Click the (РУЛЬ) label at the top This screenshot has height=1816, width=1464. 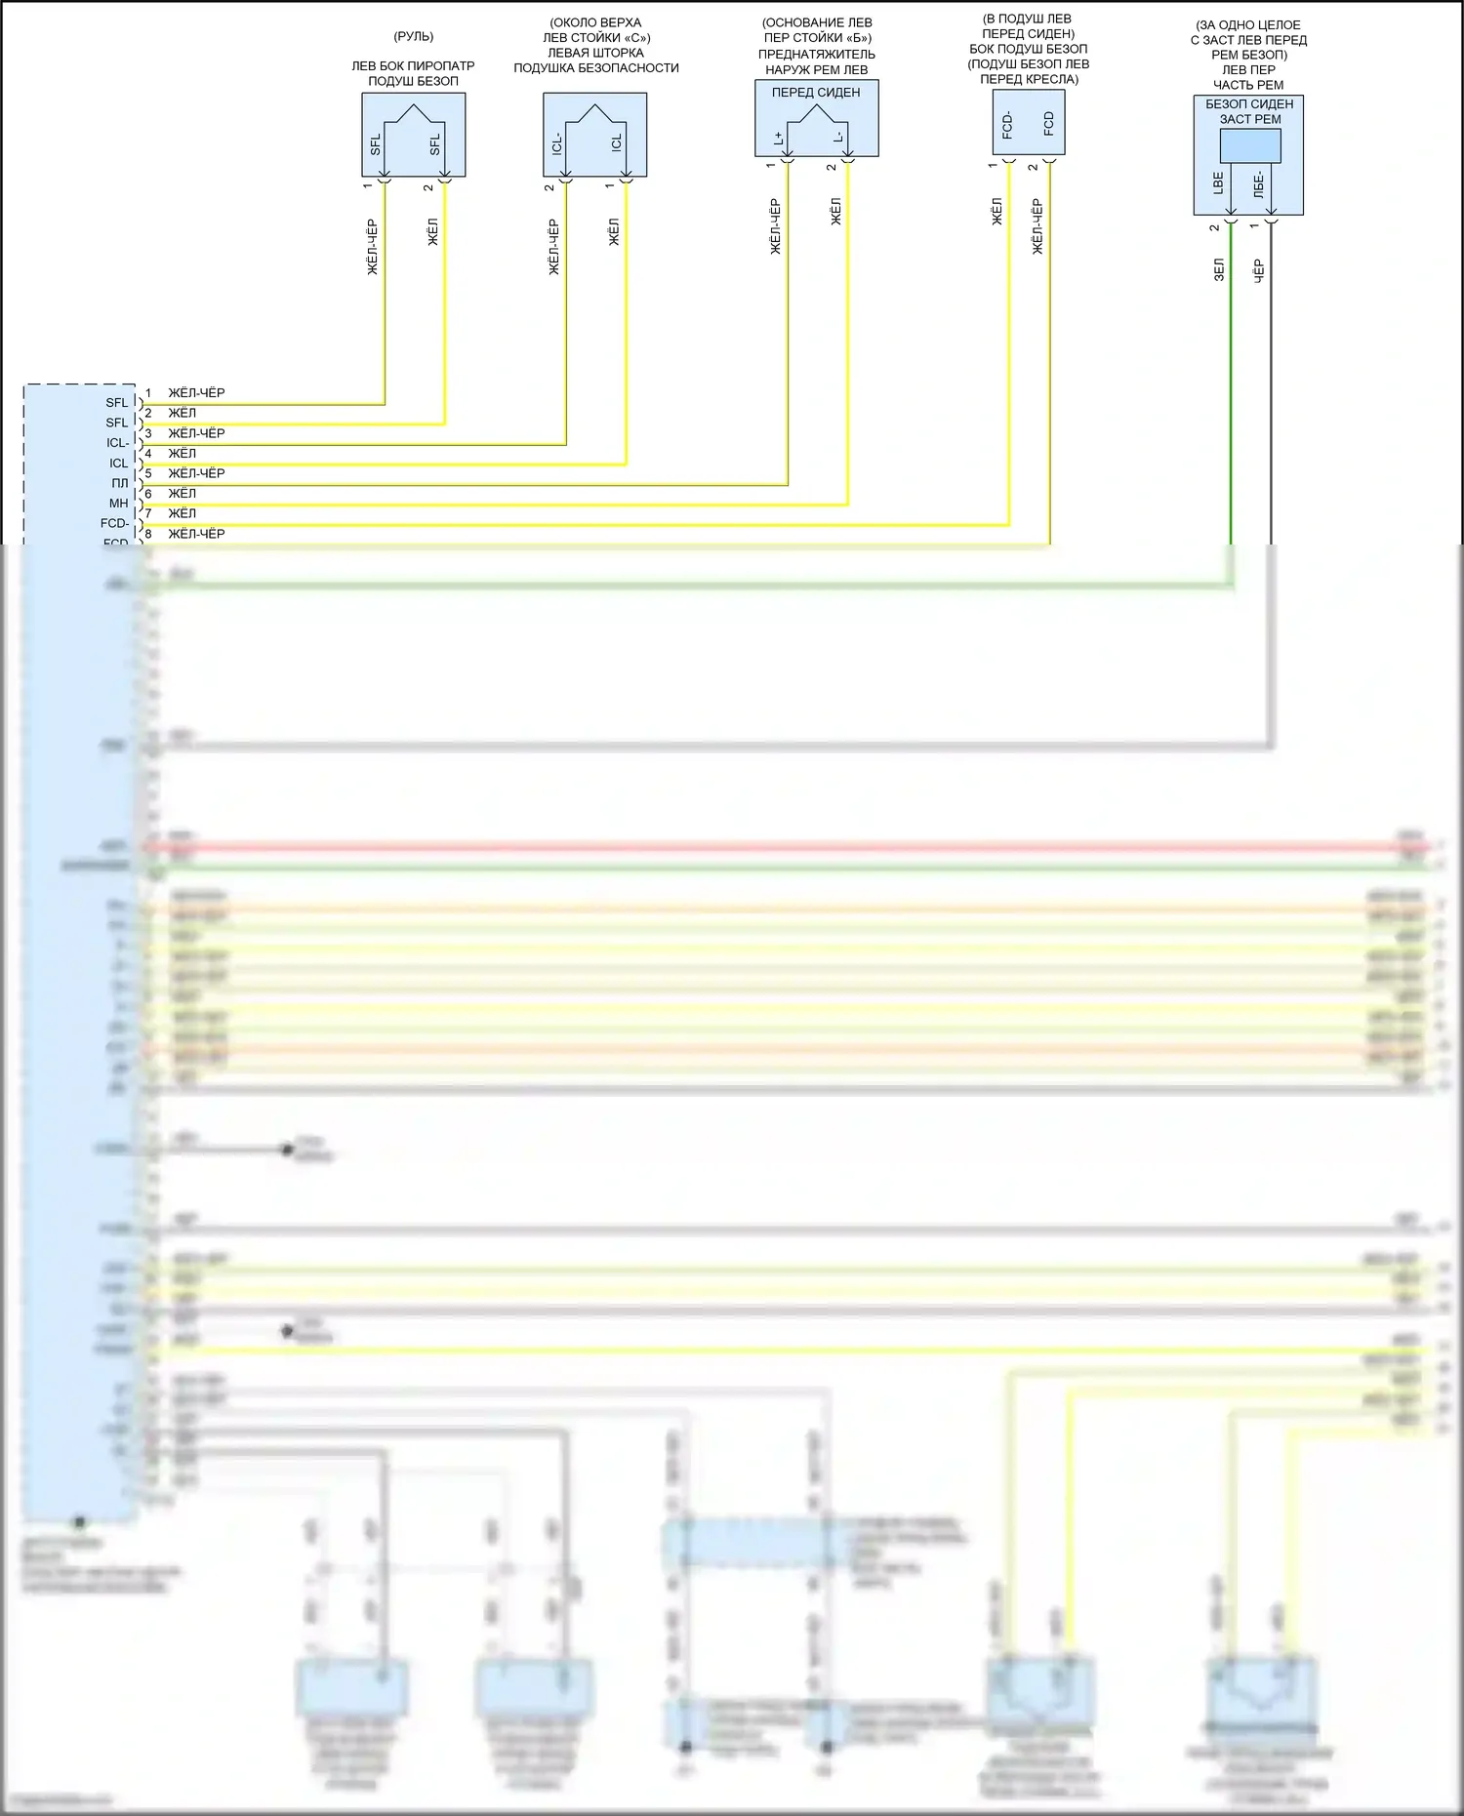point(413,37)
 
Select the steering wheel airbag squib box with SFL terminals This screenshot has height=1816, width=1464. point(413,135)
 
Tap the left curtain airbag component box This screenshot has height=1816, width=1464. point(594,135)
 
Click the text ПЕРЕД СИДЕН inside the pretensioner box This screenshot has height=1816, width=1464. point(816,93)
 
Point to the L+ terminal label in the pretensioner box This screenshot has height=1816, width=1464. point(779,138)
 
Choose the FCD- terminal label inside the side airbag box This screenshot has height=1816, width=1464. point(1008,124)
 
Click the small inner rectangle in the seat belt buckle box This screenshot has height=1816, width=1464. point(1249,146)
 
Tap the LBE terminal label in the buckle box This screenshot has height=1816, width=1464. point(1218,182)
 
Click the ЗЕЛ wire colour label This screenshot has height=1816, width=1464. point(1219,270)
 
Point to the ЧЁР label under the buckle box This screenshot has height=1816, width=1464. point(1259,270)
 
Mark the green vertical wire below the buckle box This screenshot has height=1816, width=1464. point(1231,390)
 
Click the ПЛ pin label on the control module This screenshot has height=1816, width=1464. point(119,483)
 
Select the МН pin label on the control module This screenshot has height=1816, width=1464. point(118,504)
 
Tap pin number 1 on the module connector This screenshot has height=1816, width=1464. point(148,393)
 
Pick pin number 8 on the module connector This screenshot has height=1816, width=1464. point(148,534)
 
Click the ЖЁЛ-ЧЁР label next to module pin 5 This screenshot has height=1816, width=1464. point(196,473)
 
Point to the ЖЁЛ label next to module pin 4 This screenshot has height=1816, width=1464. point(183,453)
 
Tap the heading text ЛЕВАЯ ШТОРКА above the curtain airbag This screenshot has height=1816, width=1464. point(595,53)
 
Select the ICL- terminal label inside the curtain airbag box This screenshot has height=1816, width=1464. point(557,144)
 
